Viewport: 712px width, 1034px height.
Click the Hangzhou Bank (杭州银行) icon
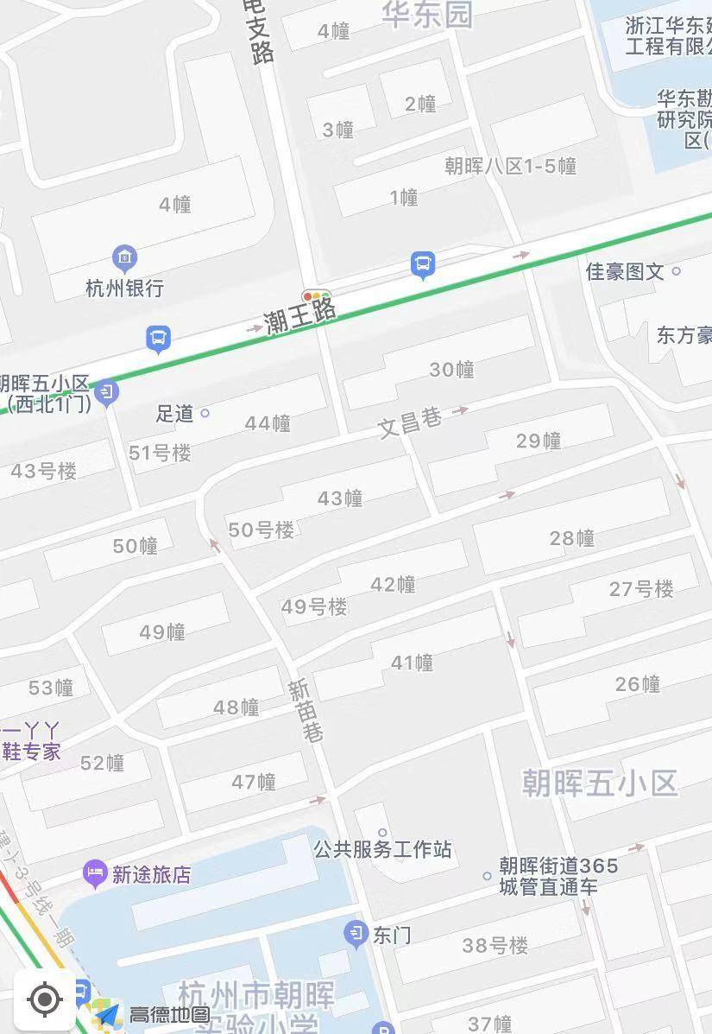point(125,257)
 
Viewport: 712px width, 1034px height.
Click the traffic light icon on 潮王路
point(317,296)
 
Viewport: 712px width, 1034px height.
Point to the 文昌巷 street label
point(410,422)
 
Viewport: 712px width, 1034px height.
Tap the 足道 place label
point(175,414)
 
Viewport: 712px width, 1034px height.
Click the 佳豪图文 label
point(626,271)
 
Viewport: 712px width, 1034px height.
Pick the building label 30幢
point(452,370)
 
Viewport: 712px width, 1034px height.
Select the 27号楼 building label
point(641,589)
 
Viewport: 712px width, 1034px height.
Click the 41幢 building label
point(412,663)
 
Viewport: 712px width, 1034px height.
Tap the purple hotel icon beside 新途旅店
point(94,873)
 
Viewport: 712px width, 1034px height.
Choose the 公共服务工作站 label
point(382,849)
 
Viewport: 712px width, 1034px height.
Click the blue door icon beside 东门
point(356,933)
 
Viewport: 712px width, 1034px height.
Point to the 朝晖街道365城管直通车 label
point(559,875)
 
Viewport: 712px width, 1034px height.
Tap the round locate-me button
point(44,1000)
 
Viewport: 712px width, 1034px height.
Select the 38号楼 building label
point(495,946)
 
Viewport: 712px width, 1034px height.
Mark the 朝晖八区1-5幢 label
point(510,166)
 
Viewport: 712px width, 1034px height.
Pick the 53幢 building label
point(51,688)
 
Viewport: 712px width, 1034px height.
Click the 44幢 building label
point(268,423)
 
